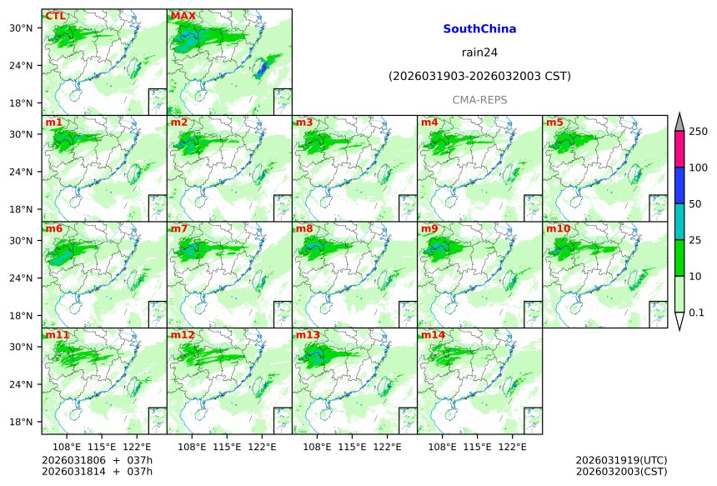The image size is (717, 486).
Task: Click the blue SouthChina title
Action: click(x=479, y=29)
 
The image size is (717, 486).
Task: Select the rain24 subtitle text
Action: click(x=479, y=53)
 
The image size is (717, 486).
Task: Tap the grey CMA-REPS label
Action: click(x=479, y=100)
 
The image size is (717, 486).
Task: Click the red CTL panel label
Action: click(x=56, y=16)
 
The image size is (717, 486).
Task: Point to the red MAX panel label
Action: click(x=183, y=16)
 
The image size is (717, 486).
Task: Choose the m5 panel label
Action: click(x=554, y=123)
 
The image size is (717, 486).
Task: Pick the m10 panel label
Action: click(x=558, y=228)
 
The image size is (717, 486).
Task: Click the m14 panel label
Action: click(x=433, y=335)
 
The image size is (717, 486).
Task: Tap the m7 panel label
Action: click(x=179, y=228)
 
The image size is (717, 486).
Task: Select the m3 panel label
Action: click(x=304, y=123)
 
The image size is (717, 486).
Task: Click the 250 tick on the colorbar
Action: click(x=699, y=132)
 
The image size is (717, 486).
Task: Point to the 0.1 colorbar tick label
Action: click(x=697, y=313)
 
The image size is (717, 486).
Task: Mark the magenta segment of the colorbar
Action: click(x=679, y=149)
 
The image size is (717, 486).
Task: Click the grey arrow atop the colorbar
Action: click(x=679, y=122)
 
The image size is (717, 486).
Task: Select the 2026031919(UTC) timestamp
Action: click(x=621, y=460)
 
